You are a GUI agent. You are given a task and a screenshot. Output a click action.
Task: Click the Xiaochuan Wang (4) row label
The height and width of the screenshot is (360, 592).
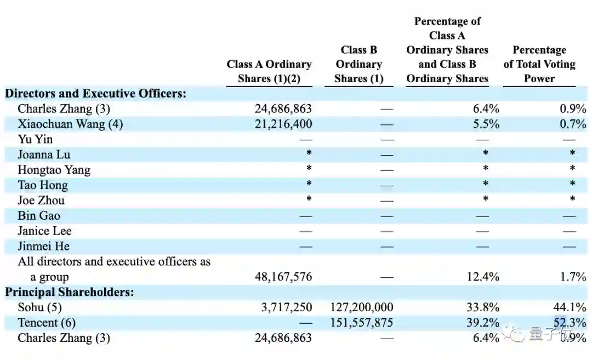click(x=70, y=124)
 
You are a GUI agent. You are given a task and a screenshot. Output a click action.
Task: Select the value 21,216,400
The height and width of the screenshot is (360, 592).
click(x=283, y=124)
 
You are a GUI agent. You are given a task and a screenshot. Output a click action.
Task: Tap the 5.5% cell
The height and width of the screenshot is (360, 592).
click(x=486, y=124)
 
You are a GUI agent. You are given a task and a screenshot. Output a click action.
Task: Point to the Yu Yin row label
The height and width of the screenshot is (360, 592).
click(x=35, y=139)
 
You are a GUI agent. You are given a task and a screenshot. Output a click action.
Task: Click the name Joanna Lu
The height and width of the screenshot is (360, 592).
click(x=44, y=155)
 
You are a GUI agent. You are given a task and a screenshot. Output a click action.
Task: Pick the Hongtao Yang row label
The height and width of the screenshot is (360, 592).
click(x=54, y=170)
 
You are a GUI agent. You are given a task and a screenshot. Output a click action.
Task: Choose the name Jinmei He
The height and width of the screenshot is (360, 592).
click(x=43, y=247)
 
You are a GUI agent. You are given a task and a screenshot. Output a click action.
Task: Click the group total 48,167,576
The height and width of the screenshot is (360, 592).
click(x=283, y=277)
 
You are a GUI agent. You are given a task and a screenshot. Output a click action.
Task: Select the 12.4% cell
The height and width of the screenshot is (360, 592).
click(x=483, y=277)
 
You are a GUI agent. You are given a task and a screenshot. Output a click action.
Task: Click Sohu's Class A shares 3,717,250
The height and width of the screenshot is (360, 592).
click(x=286, y=307)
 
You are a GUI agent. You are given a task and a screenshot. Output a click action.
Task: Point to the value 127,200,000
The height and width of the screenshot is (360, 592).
click(x=362, y=307)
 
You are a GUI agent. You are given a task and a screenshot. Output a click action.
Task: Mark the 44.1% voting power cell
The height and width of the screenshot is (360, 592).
click(x=573, y=307)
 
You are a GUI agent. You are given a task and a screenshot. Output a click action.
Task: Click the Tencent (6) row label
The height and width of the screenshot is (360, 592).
click(x=47, y=323)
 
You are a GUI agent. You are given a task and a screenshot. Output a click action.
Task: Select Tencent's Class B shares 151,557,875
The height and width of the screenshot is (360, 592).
click(x=362, y=323)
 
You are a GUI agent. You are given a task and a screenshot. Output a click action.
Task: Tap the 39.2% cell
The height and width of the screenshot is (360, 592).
click(x=483, y=323)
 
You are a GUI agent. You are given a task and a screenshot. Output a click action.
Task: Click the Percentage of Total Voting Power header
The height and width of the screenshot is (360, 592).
click(x=539, y=64)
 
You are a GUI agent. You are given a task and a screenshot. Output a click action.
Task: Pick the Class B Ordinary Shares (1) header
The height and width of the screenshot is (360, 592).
click(x=359, y=64)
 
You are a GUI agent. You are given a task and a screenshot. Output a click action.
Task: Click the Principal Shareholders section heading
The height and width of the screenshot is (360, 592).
click(x=70, y=292)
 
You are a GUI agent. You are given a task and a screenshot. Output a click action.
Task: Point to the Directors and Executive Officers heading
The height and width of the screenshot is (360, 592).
click(x=95, y=93)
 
